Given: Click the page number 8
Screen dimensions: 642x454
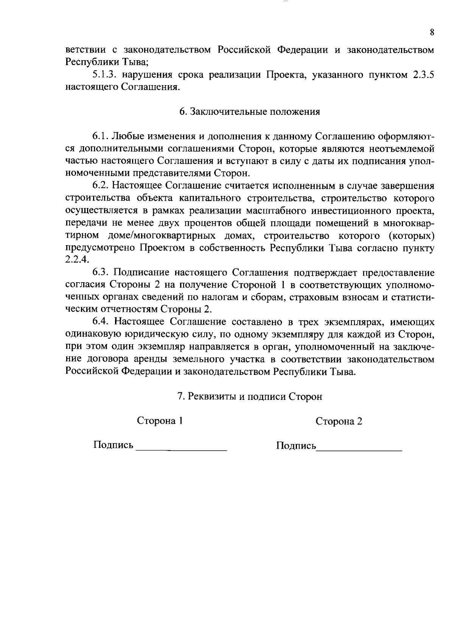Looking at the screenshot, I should [432, 32].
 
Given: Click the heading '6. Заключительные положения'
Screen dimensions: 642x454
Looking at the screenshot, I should [249, 112].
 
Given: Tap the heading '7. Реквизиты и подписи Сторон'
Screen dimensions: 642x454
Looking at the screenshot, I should [250, 396].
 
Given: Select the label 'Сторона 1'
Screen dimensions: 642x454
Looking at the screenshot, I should [160, 421].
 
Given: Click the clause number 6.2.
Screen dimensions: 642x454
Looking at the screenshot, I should [101, 186].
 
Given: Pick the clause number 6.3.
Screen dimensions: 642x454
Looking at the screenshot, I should [101, 273].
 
